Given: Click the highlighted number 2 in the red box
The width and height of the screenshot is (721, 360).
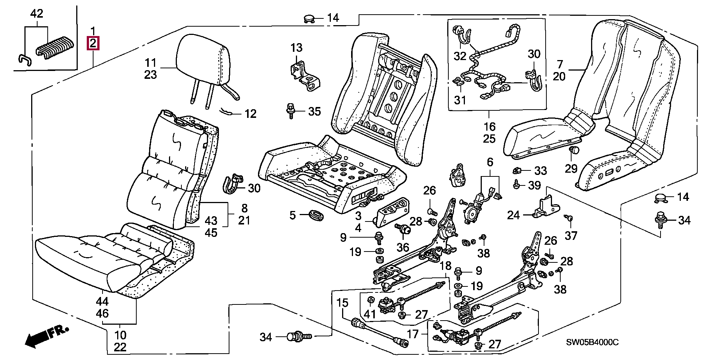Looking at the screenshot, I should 93,44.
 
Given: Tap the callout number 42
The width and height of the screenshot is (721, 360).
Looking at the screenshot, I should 36,14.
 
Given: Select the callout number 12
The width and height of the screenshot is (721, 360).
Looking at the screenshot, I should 250,114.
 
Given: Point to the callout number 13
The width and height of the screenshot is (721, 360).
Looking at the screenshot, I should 296,48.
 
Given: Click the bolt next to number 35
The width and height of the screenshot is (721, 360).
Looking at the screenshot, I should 291,110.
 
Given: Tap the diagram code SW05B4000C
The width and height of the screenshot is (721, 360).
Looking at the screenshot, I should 592,342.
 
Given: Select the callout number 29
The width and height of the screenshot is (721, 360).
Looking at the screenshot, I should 571,169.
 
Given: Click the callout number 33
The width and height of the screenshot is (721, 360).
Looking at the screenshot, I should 540,171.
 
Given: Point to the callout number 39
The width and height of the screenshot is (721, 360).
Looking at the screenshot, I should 534,185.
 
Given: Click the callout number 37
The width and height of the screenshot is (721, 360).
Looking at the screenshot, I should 571,235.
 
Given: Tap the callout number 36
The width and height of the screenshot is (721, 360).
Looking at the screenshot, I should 403,247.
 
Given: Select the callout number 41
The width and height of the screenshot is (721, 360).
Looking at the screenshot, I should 370,314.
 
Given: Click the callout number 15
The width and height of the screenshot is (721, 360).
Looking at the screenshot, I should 342,303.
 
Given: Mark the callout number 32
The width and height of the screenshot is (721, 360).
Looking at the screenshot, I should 460,56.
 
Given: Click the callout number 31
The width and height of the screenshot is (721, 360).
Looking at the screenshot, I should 460,100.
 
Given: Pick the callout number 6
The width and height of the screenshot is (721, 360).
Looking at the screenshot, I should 490,163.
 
